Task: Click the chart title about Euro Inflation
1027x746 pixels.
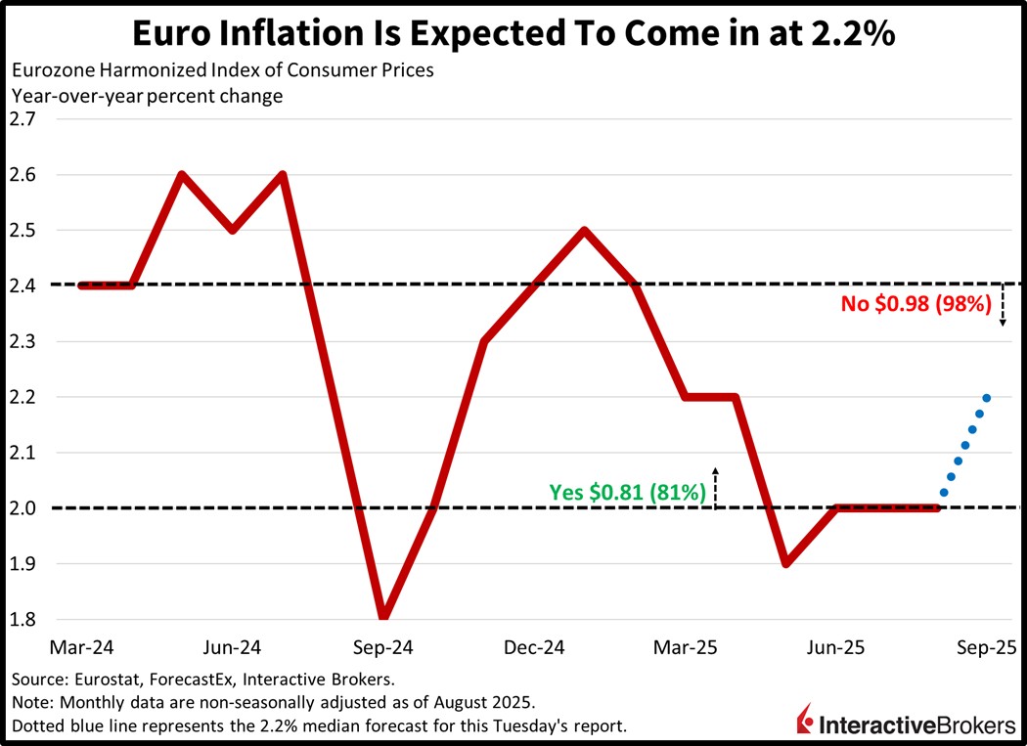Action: (513, 33)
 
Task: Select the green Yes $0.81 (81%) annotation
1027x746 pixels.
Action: (628, 493)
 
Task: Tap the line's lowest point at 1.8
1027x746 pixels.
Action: (383, 617)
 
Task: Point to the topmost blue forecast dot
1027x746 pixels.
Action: (986, 398)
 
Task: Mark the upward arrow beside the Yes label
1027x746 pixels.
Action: (715, 487)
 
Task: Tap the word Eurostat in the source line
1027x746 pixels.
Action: (94, 679)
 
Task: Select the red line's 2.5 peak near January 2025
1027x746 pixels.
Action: (584, 231)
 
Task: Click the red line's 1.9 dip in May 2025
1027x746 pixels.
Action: (785, 563)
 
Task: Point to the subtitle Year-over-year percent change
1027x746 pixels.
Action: (146, 96)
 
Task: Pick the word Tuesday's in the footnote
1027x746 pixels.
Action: (516, 725)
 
